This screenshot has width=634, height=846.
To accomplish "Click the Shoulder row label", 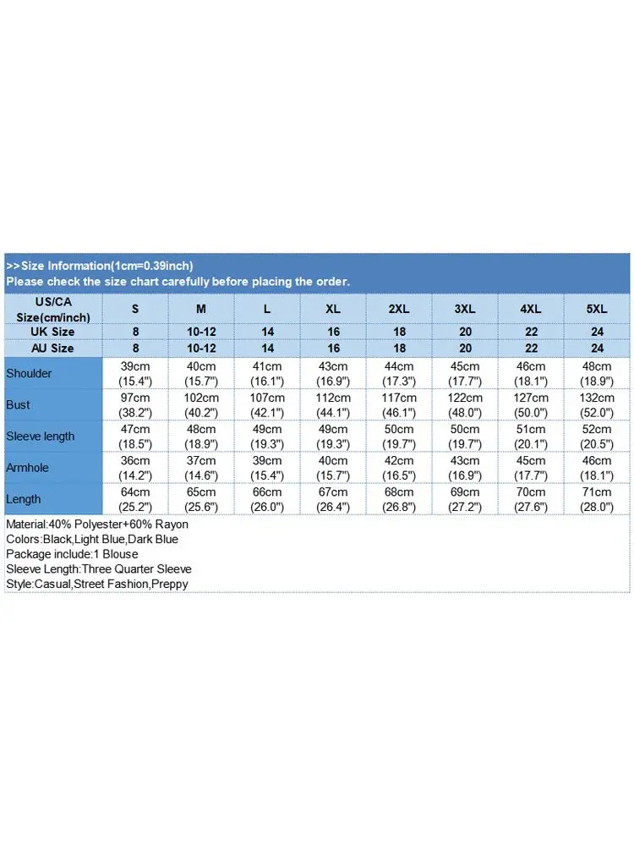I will [29, 373].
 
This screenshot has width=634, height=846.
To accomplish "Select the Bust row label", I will [18, 404].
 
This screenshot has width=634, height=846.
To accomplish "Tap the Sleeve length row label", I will [40, 436].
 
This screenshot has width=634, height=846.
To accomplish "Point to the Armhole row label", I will [27, 468].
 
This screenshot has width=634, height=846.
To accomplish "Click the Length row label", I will [23, 499].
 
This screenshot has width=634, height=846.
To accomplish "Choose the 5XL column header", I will [597, 309].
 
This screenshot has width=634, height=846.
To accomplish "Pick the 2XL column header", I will [399, 309].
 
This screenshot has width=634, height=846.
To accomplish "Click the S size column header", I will [135, 309].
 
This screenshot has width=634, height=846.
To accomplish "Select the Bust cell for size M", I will [201, 405].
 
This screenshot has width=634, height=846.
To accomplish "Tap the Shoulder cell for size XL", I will [333, 373].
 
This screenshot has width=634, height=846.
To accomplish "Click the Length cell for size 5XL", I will [597, 499].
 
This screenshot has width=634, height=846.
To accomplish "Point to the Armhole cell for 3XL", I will [465, 468].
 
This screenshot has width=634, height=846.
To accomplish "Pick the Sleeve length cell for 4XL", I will [531, 436].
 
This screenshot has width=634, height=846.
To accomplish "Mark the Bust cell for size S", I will [135, 405].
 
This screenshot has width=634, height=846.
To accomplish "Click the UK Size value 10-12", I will [201, 332].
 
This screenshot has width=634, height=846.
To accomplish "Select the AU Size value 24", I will [597, 348].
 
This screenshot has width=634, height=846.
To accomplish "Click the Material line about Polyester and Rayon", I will [97, 525].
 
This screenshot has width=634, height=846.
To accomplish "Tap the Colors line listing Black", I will [92, 539].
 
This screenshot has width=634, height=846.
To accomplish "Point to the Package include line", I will [72, 554].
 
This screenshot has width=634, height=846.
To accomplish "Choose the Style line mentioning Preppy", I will [97, 584].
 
